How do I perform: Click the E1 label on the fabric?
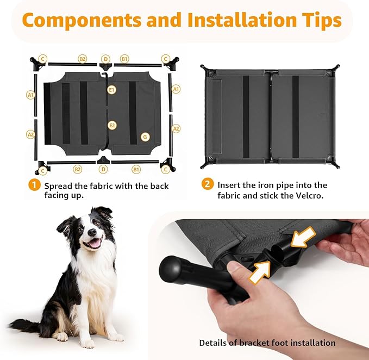[x=112, y=90]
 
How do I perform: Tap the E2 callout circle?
[x=112, y=125]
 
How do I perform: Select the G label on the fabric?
[x=145, y=137]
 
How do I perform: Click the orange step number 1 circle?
[x=34, y=185]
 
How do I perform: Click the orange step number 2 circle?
[x=208, y=184]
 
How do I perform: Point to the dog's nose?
[x=92, y=232]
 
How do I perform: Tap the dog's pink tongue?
[x=95, y=243]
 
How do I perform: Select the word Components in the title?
[x=82, y=20]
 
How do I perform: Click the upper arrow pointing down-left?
[x=303, y=238]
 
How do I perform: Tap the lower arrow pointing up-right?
[x=260, y=272]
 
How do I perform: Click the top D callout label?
[x=105, y=59]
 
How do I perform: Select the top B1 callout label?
[x=124, y=59]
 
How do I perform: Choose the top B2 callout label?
[x=83, y=59]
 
